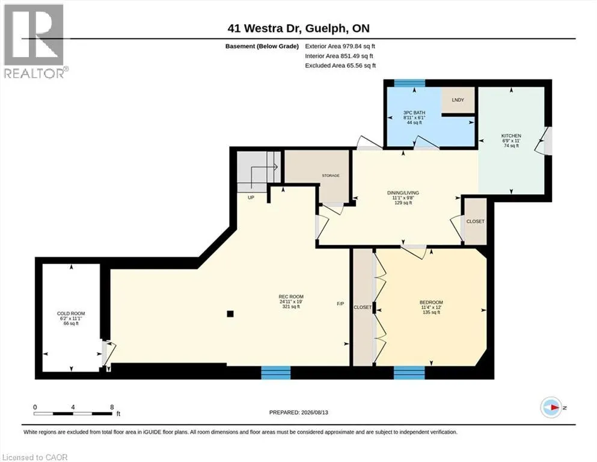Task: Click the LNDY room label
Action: point(458,100)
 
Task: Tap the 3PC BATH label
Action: point(414,112)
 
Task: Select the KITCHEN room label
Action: point(511,135)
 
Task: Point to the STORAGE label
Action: point(331,176)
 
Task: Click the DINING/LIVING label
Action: point(403,192)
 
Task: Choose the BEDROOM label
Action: point(432,303)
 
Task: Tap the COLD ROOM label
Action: point(71,313)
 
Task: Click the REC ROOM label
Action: point(291,297)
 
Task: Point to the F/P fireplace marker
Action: point(340,304)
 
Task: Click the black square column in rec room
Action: point(230,314)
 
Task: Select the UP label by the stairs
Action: point(251,198)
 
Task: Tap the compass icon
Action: point(551,407)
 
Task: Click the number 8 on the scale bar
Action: point(112,407)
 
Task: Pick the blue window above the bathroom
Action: point(409,83)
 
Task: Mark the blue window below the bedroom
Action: point(409,373)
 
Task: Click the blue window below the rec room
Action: point(276,373)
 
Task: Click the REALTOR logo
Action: point(36,41)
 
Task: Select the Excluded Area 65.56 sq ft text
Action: point(340,66)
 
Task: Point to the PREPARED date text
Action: point(298,412)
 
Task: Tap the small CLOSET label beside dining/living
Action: point(476,221)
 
